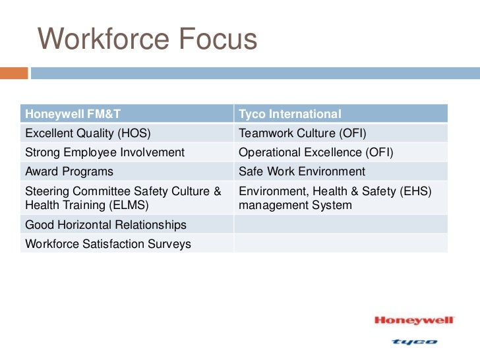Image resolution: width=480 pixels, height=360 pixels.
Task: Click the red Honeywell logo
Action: [414, 320]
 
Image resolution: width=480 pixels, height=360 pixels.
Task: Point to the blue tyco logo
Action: [414, 342]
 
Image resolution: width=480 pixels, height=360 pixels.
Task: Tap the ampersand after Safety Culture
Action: [217, 191]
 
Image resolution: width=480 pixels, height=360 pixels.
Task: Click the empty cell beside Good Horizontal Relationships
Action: [340, 225]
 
